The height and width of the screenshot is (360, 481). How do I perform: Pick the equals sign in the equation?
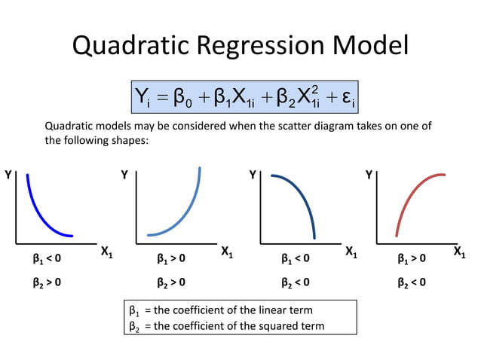(161, 98)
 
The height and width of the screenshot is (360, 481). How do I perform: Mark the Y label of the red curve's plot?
(369, 175)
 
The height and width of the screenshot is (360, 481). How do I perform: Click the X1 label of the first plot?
(106, 254)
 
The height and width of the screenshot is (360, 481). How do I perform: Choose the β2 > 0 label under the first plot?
(47, 283)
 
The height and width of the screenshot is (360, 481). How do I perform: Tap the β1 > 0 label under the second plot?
(170, 259)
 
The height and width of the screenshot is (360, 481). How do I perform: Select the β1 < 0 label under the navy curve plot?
(295, 259)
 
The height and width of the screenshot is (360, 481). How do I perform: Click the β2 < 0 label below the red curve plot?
(412, 283)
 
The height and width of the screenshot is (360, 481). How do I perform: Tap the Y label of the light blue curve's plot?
(124, 175)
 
